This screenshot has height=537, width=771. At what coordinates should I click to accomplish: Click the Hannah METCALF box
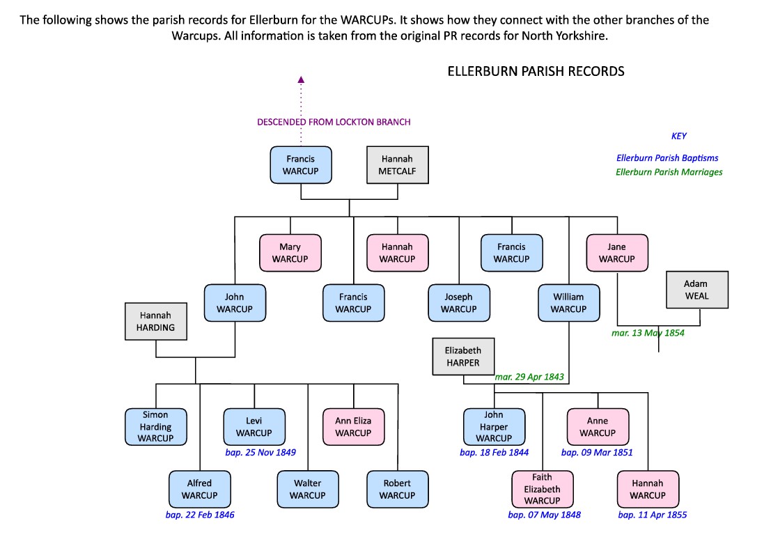coord(397,164)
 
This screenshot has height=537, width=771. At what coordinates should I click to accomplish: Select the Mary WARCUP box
coord(290,252)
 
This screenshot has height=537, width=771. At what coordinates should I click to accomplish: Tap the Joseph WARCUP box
coord(459,303)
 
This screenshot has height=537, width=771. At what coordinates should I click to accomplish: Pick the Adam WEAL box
coord(697,290)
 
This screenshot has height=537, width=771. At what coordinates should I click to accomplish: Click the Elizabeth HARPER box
coord(463,356)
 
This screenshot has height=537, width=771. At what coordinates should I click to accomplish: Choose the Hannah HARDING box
coord(156,321)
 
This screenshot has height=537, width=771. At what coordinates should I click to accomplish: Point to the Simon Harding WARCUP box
coord(155,426)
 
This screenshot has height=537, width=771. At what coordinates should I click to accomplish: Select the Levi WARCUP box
coord(254,426)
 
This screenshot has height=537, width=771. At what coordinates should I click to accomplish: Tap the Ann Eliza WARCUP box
coord(353,426)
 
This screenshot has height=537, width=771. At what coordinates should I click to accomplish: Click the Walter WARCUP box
coord(307,489)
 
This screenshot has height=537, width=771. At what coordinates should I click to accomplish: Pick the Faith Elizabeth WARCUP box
coord(542,489)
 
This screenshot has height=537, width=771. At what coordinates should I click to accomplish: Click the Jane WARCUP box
coord(617,252)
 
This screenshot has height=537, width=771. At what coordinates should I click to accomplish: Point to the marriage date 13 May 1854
coord(648,333)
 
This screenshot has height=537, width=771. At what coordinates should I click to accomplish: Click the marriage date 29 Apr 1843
coord(529,377)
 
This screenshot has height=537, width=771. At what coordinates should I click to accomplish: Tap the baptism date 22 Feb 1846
coord(201,515)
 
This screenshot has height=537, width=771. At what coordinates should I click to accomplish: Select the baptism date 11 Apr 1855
coord(652,515)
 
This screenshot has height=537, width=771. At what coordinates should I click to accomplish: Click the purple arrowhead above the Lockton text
coord(301,79)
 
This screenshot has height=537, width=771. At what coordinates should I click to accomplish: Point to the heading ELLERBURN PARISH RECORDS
coord(536,71)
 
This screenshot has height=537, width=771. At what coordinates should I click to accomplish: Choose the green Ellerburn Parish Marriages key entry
coord(669,172)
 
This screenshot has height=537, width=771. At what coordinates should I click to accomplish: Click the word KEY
coord(679,137)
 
